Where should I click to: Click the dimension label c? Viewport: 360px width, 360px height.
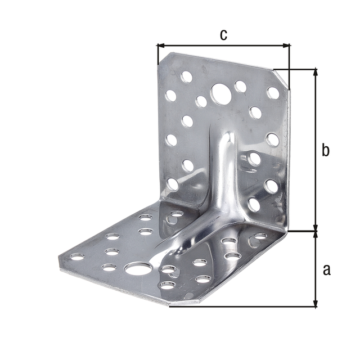point(223,35)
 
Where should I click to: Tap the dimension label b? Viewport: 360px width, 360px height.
point(325,151)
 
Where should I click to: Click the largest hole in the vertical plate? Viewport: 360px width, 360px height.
point(220,93)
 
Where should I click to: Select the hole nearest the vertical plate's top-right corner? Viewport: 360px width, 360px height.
point(273,92)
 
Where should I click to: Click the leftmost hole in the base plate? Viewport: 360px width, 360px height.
point(76,258)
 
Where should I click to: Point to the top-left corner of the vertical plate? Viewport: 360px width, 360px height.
point(159,53)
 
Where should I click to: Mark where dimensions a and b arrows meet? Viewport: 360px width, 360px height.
point(315,231)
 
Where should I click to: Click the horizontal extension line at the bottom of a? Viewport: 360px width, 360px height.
point(242,307)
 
